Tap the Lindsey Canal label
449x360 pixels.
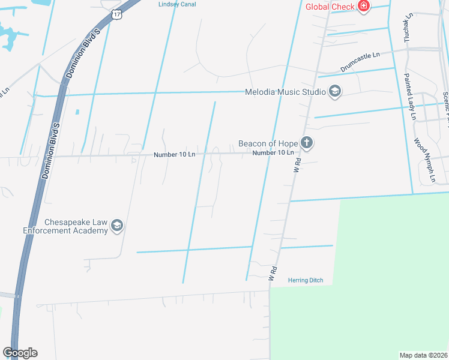176,4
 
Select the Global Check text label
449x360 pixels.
330,7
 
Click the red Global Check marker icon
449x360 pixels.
363,6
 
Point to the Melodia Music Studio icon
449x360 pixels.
335,92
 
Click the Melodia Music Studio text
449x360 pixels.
285,92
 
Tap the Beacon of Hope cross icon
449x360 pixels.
307,143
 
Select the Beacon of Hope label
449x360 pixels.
268,143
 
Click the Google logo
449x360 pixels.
20,352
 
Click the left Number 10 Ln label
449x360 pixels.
175,154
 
